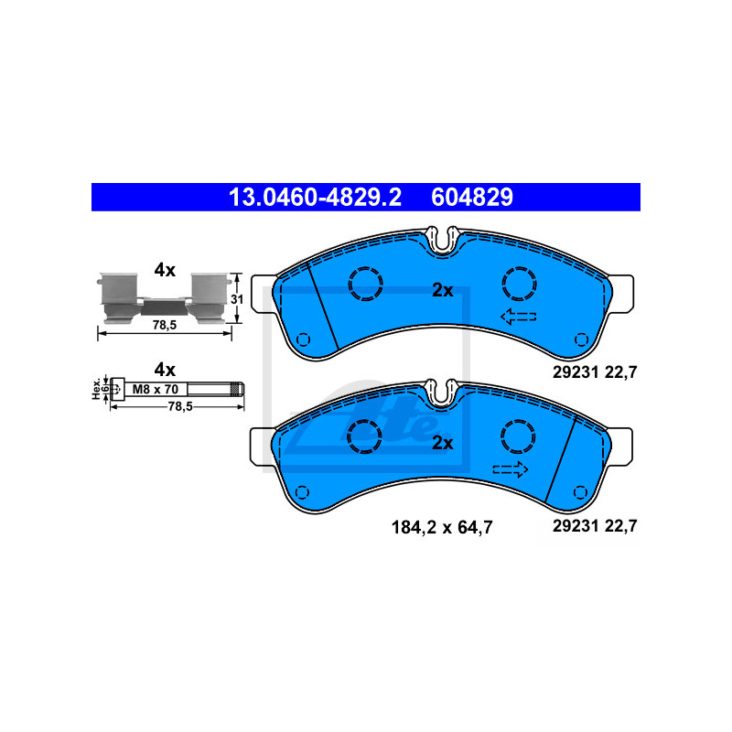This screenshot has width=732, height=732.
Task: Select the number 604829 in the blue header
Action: tap(471, 197)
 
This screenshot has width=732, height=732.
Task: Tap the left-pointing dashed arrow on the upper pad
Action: tap(517, 318)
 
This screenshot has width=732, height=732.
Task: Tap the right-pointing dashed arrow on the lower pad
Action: tap(511, 469)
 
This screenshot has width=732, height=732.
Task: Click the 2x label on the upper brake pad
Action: tap(443, 290)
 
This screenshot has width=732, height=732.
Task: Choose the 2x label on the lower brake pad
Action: tap(443, 443)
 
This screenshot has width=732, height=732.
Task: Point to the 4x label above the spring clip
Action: tap(165, 270)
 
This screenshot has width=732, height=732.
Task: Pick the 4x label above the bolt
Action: tap(165, 369)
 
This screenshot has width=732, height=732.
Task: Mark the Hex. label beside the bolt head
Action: tap(95, 388)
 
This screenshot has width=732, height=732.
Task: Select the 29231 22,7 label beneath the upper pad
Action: tap(595, 372)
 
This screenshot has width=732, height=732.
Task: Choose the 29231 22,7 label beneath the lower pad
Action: tap(595, 526)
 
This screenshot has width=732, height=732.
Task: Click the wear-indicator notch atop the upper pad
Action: tap(444, 241)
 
